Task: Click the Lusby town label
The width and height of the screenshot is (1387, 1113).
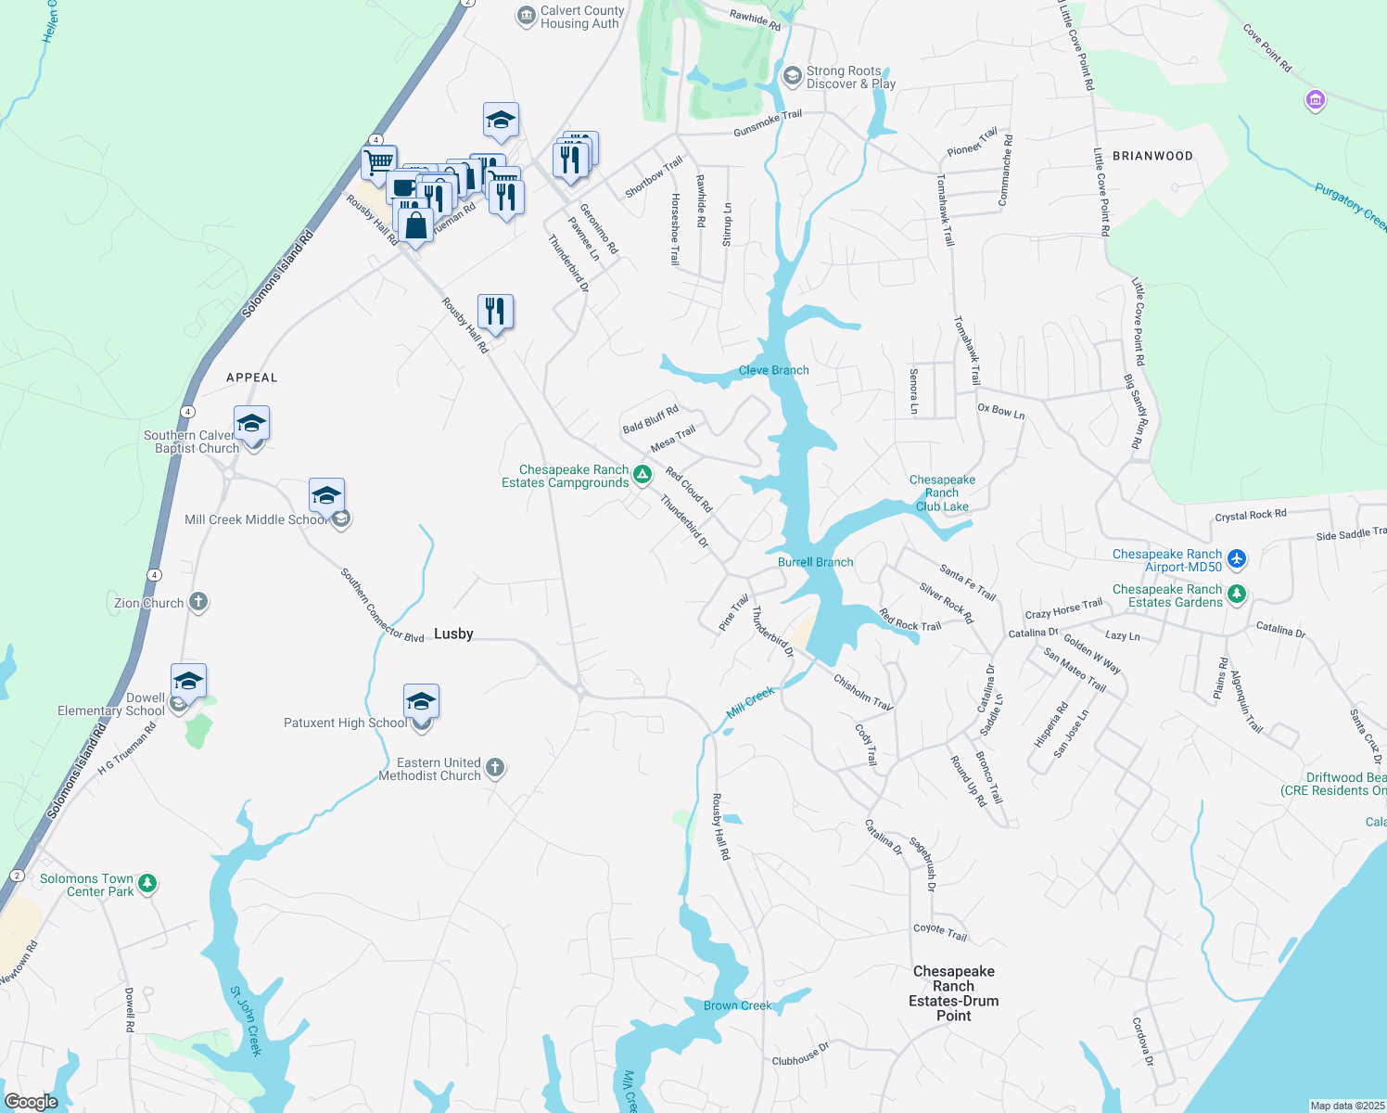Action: [x=453, y=633]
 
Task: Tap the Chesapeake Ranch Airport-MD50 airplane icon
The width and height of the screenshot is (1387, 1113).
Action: [x=1236, y=559]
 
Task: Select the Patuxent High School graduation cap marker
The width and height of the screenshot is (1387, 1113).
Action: [x=421, y=701]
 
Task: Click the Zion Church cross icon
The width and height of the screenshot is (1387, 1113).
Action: [x=198, y=602]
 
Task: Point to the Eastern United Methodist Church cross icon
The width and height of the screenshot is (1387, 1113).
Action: [x=495, y=767]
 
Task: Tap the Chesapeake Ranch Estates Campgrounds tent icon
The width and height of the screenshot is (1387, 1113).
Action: [x=642, y=475]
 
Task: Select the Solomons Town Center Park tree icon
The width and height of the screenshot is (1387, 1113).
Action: [x=147, y=883]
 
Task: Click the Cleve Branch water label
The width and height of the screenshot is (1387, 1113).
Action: [x=773, y=370]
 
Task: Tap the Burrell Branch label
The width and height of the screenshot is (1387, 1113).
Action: [x=815, y=562]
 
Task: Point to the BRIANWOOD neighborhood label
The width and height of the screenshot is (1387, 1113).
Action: [x=1152, y=156]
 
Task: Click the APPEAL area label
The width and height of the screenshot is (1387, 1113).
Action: [x=252, y=377]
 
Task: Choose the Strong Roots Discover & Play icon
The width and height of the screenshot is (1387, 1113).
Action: [x=792, y=75]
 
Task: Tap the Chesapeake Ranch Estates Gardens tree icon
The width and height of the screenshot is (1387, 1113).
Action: [x=1236, y=595]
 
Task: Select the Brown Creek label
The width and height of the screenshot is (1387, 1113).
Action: [x=737, y=1005]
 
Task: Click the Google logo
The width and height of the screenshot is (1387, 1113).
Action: [x=32, y=1101]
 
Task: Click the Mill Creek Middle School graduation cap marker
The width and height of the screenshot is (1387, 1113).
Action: [x=326, y=495]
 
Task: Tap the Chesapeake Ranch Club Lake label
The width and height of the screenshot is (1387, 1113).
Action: [x=942, y=493]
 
